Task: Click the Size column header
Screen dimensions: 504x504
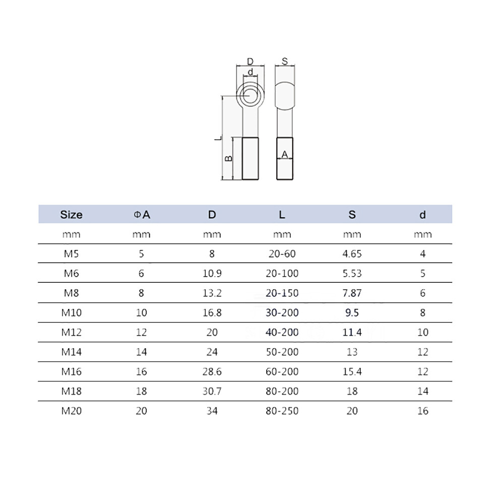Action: pyautogui.click(x=71, y=214)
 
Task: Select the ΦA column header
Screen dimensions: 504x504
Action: pyautogui.click(x=142, y=214)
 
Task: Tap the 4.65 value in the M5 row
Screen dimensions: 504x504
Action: pyautogui.click(x=352, y=254)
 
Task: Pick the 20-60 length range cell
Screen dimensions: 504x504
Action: pyautogui.click(x=282, y=254)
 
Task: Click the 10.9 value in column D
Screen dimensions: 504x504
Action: pyautogui.click(x=212, y=273)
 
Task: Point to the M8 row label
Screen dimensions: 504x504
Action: pyautogui.click(x=71, y=293)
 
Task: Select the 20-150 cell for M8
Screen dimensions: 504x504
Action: pyautogui.click(x=282, y=293)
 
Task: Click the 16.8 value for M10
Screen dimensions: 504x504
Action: pyautogui.click(x=212, y=312)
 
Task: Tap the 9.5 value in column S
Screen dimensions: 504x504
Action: pyautogui.click(x=352, y=312)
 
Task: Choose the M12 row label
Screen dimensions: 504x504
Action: pyautogui.click(x=71, y=332)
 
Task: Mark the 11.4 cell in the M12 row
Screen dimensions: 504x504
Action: pyautogui.click(x=352, y=332)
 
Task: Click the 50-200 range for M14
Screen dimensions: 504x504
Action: pyautogui.click(x=282, y=352)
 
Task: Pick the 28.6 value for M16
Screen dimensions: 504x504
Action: pyautogui.click(x=212, y=371)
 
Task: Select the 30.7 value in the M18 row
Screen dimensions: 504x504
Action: pyautogui.click(x=212, y=391)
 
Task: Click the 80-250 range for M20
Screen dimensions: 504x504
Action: pyautogui.click(x=282, y=411)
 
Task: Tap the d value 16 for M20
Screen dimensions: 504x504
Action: pyautogui.click(x=422, y=411)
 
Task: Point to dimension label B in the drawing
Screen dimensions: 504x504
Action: pyautogui.click(x=228, y=158)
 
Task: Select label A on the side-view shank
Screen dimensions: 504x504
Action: pyautogui.click(x=284, y=155)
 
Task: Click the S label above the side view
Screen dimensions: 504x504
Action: pyautogui.click(x=284, y=61)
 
